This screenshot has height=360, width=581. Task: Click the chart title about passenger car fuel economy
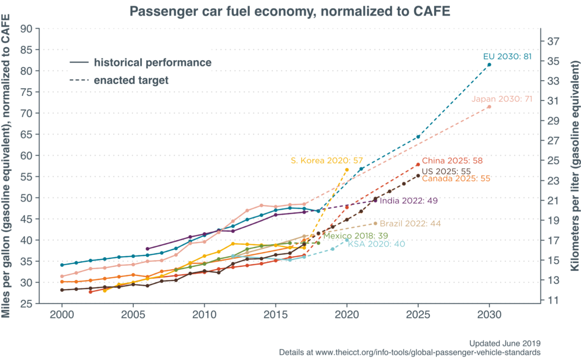(x=290, y=11)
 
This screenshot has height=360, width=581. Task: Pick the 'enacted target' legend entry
(x=131, y=80)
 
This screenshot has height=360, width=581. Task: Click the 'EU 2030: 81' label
(x=507, y=56)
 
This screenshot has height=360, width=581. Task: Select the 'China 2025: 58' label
(x=452, y=161)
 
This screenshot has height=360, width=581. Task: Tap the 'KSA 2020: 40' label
(x=372, y=245)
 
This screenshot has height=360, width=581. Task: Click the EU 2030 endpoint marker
(x=489, y=65)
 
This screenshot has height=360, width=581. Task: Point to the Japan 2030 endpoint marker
(x=489, y=107)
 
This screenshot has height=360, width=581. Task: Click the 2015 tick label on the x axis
(x=275, y=314)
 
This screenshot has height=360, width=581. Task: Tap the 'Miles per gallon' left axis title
(x=8, y=165)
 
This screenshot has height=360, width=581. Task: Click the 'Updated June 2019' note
(x=504, y=344)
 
